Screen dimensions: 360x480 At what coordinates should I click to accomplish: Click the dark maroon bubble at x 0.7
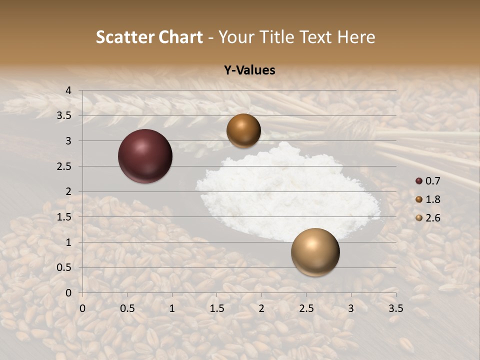(x=145, y=156)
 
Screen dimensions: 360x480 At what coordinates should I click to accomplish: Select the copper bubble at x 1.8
(x=243, y=131)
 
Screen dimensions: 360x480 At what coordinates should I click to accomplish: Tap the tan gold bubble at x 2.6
(x=315, y=252)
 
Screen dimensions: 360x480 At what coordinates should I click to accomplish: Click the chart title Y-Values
(x=249, y=70)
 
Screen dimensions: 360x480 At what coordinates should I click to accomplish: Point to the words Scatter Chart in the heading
(x=149, y=37)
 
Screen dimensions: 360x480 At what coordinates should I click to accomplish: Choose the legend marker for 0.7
(x=419, y=180)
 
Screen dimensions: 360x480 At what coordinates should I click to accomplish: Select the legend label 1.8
(x=433, y=199)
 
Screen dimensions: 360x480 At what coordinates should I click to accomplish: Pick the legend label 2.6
(x=433, y=218)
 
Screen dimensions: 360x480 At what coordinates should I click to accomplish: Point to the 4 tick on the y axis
(x=68, y=90)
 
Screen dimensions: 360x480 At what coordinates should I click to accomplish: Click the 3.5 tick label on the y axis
(x=64, y=115)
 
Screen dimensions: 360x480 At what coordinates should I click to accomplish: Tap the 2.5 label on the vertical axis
(x=64, y=166)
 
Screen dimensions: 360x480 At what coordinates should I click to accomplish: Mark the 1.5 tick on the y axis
(x=64, y=217)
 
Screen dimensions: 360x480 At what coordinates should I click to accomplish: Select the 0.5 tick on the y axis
(x=64, y=268)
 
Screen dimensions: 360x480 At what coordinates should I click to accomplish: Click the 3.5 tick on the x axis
(x=395, y=308)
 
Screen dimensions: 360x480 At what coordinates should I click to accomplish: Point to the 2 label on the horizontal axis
(x=261, y=308)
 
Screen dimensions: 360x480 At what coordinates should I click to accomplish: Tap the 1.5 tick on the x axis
(x=216, y=308)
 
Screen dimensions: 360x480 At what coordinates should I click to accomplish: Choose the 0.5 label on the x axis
(x=127, y=308)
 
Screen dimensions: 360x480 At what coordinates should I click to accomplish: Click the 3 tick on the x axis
(x=351, y=308)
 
